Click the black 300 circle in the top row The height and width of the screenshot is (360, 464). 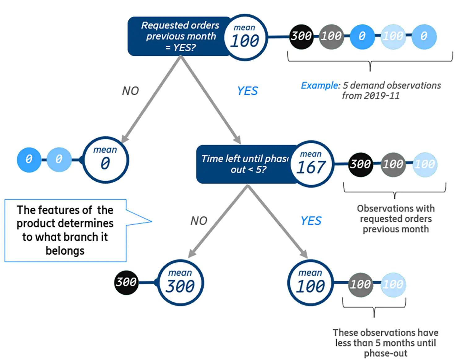pyautogui.click(x=301, y=37)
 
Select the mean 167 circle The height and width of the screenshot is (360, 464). pyautogui.click(x=312, y=164)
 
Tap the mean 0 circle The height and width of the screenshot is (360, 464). pyautogui.click(x=105, y=160)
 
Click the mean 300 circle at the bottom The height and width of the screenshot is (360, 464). pyautogui.click(x=180, y=283)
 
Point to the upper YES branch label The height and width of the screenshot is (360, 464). pyautogui.click(x=247, y=91)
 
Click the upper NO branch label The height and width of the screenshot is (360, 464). pyautogui.click(x=131, y=91)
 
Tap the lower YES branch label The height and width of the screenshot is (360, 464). pyautogui.click(x=311, y=221)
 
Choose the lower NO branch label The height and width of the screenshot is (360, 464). pyautogui.click(x=199, y=221)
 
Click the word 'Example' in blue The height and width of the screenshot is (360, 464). pyautogui.click(x=320, y=85)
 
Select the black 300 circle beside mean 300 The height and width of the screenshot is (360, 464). pyautogui.click(x=126, y=282)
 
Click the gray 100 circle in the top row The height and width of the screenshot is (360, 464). pyautogui.click(x=331, y=37)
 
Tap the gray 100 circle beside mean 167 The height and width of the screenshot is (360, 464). pyautogui.click(x=393, y=164)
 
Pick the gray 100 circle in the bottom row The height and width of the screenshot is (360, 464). pyautogui.click(x=361, y=284)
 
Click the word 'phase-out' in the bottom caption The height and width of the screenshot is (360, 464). pyautogui.click(x=385, y=353)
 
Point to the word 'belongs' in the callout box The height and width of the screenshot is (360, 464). pyautogui.click(x=65, y=250)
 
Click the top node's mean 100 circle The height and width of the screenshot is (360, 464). pyautogui.click(x=245, y=37)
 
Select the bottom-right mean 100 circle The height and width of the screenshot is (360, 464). pyautogui.click(x=311, y=283)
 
